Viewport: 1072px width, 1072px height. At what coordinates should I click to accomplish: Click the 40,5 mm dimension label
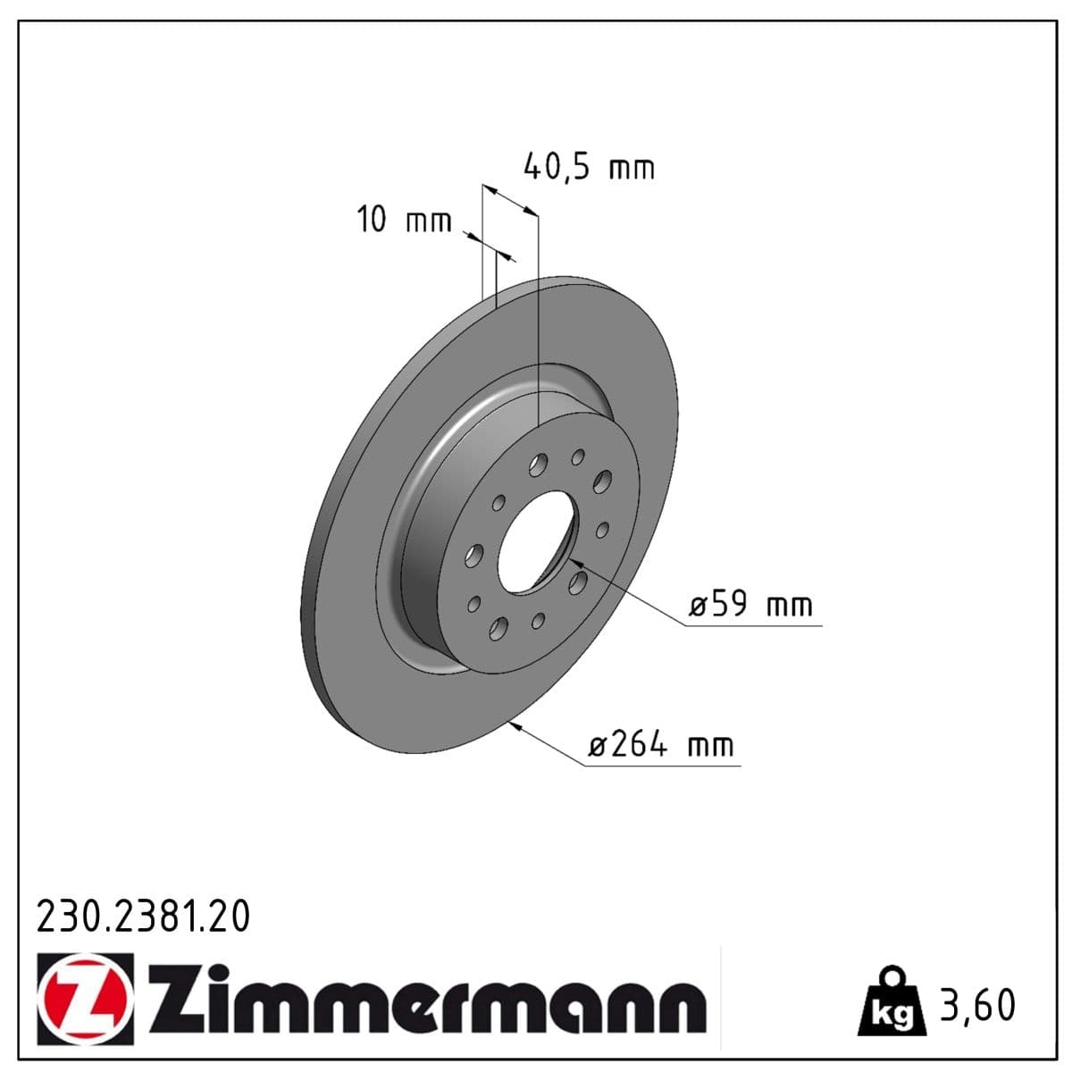588,166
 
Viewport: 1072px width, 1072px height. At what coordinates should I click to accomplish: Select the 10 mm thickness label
405,220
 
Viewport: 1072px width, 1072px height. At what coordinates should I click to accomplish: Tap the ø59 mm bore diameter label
751,606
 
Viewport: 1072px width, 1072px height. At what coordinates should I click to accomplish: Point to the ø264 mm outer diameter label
661,744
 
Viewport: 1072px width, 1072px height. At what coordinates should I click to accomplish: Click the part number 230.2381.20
143,917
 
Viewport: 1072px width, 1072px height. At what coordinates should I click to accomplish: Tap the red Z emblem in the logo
86,999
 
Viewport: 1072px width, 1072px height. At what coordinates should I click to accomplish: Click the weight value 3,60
977,1006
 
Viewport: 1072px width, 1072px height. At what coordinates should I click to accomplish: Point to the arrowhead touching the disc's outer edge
516,726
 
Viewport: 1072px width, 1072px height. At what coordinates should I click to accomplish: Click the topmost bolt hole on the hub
578,457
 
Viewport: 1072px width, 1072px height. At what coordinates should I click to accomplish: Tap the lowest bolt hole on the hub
497,629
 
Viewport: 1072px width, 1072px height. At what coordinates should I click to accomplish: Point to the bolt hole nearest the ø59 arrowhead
578,583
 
